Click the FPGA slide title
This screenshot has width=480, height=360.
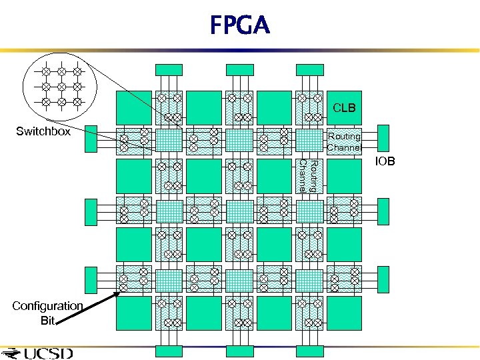coord(240,26)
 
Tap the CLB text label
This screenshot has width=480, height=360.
coord(344,107)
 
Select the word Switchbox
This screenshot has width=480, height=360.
coord(43,131)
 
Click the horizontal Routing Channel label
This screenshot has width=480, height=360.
coord(344,141)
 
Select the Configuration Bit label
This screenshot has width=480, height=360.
coord(47,312)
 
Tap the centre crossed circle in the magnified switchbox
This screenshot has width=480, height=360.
coord(61,86)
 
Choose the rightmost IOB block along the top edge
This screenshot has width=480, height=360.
coord(309,69)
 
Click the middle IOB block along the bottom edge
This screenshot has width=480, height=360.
coord(239,351)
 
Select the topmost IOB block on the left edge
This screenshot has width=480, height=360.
coord(91,139)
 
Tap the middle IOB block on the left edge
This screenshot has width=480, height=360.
coord(91,211)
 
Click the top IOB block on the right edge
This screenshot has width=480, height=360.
coord(383,139)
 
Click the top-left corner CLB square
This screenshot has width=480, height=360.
coord(133,107)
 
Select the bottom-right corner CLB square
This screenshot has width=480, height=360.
coord(344,313)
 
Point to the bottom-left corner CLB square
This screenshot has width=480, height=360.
coord(133,313)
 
